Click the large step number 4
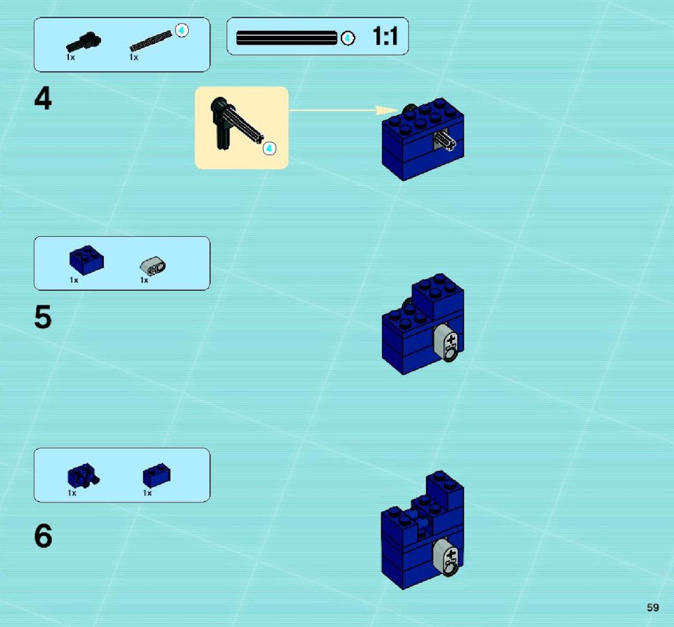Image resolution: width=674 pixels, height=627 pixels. [x=43, y=98]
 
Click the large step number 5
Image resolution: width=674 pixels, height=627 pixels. [x=43, y=317]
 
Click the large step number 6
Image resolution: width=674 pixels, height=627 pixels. [x=43, y=536]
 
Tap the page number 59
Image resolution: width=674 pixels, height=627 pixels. [x=652, y=607]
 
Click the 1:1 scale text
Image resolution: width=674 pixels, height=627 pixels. [x=385, y=36]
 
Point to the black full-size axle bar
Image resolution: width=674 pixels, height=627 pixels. [x=286, y=38]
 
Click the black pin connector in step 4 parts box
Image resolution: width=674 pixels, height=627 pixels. [x=84, y=42]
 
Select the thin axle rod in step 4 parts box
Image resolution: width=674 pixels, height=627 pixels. [x=151, y=41]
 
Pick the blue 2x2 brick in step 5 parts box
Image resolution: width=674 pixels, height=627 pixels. [x=86, y=260]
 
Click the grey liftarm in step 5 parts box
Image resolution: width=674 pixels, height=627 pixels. [x=153, y=266]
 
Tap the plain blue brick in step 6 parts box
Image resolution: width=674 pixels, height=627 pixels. [x=156, y=475]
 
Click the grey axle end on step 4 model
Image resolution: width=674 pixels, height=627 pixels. [x=444, y=141]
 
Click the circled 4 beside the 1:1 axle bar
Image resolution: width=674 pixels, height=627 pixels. [x=348, y=38]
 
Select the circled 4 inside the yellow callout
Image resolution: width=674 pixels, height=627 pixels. [x=270, y=148]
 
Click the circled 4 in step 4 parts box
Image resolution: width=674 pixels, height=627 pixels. [x=182, y=30]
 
